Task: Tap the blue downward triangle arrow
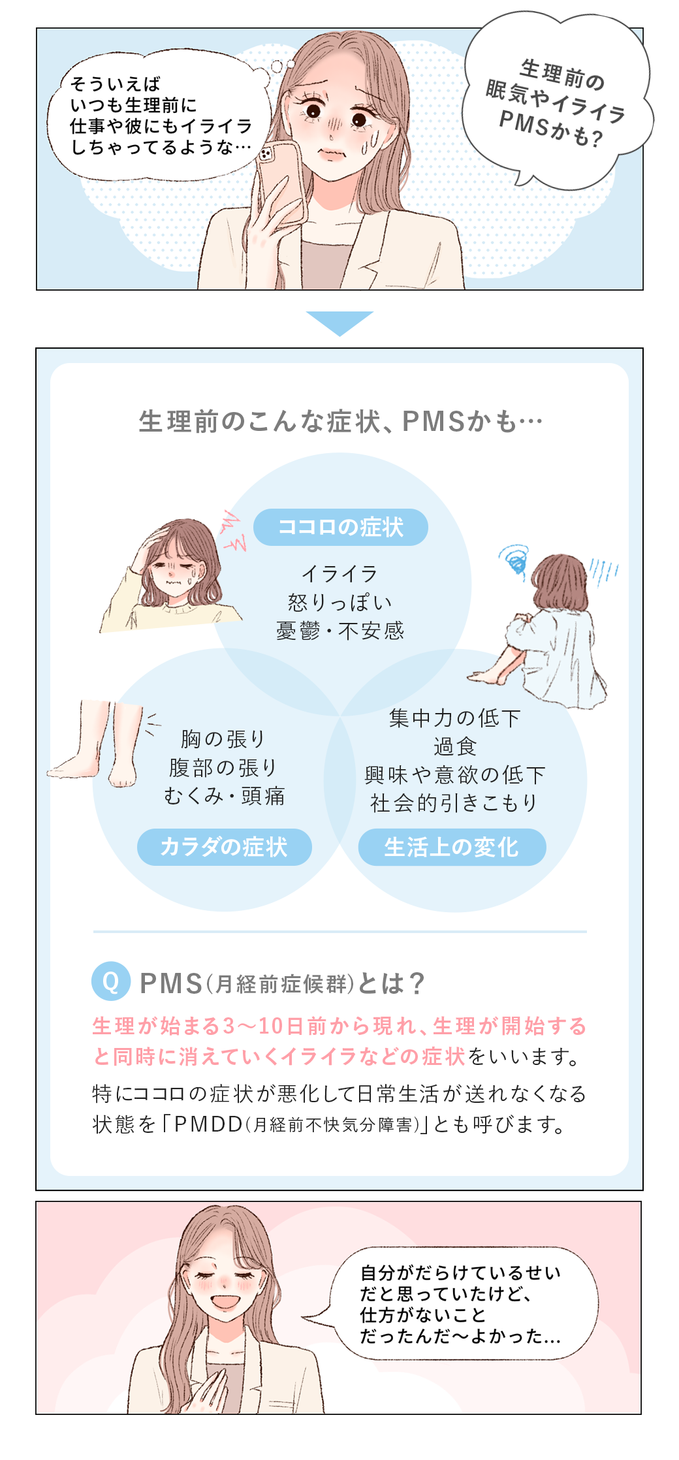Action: (339, 322)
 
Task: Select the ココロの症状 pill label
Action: (340, 527)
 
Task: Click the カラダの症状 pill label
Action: (224, 847)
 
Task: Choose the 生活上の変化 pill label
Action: (452, 847)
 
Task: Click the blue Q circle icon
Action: (111, 981)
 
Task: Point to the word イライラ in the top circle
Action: (339, 574)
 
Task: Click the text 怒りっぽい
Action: (339, 602)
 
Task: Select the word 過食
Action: (455, 746)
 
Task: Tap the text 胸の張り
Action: (223, 739)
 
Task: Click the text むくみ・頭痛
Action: (224, 796)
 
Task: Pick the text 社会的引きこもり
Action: (454, 803)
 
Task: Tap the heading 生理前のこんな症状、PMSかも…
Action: (340, 422)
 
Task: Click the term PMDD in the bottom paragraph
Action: (208, 1124)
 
